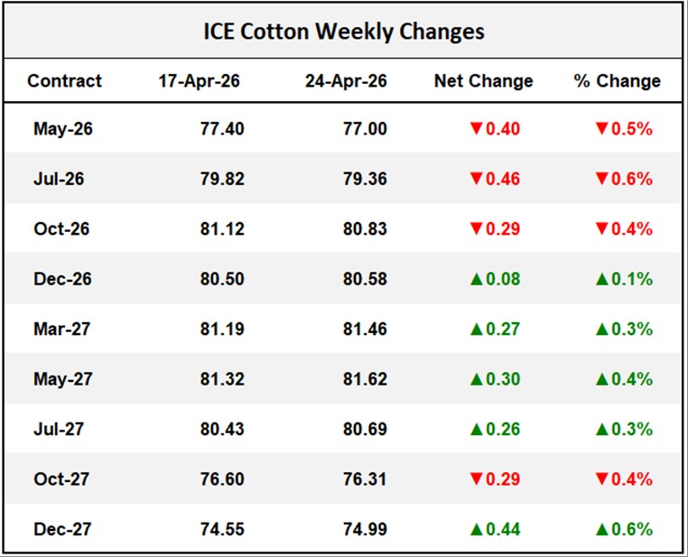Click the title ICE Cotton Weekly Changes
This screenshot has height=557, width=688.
click(343, 32)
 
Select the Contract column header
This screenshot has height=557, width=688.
click(64, 81)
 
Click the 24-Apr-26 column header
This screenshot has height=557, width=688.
click(346, 81)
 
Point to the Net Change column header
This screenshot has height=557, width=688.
click(483, 81)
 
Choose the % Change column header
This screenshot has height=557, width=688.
click(618, 81)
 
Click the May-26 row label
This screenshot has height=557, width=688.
click(63, 129)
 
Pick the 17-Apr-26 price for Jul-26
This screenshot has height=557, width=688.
click(222, 179)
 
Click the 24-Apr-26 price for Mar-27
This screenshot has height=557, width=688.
click(365, 329)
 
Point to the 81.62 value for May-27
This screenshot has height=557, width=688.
click(365, 379)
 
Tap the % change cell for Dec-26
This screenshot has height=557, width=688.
click(623, 279)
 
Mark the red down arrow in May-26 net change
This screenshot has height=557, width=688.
click(476, 129)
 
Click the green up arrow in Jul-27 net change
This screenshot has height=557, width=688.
click(476, 429)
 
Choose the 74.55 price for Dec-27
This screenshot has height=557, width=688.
click(222, 529)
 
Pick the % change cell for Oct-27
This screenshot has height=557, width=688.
click(623, 478)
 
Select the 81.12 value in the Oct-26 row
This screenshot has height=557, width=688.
click(222, 229)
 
